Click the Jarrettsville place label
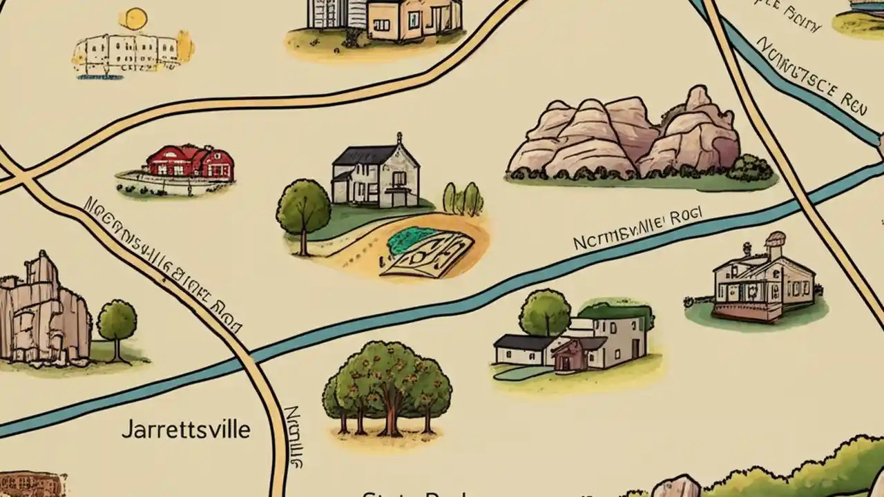pyautogui.click(x=186, y=429)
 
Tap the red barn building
pyautogui.click(x=190, y=164)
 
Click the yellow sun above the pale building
pyautogui.click(x=135, y=19)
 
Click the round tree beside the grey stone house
pyautogui.click(x=304, y=208)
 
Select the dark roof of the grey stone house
pyautogui.click(x=364, y=155)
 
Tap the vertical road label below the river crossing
pyautogui.click(x=295, y=435)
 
